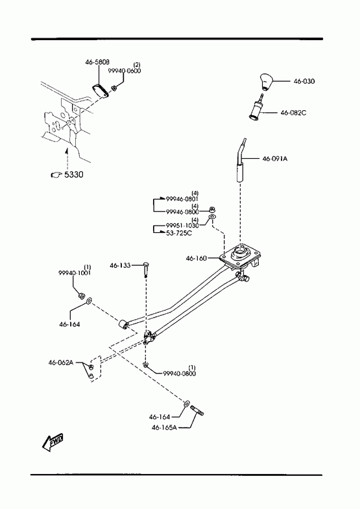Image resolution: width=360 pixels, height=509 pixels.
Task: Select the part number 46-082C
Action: click(293, 113)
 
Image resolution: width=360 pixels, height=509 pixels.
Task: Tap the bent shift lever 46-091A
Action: click(241, 161)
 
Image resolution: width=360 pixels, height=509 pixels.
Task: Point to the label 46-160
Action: click(196, 259)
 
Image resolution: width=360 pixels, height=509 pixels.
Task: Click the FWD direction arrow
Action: click(53, 441)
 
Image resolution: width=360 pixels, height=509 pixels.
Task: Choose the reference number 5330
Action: click(74, 174)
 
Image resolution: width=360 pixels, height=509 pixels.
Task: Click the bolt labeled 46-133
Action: click(146, 269)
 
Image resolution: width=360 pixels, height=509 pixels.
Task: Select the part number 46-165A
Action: click(164, 427)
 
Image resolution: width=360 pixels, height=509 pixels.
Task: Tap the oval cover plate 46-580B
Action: click(101, 91)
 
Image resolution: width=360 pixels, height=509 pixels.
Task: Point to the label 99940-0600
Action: click(125, 71)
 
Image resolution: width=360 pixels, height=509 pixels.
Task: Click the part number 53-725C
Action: click(179, 233)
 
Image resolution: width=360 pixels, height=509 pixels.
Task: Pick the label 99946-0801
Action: click(182, 198)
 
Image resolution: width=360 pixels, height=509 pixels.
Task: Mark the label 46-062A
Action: click(61, 362)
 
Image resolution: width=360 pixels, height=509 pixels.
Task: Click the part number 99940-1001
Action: click(75, 273)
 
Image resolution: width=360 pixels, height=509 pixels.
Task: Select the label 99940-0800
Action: click(179, 373)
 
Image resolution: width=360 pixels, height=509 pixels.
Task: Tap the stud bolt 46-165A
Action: click(197, 410)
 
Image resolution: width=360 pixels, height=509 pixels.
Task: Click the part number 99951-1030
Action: click(182, 225)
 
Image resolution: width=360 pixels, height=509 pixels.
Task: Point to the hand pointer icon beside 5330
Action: click(56, 174)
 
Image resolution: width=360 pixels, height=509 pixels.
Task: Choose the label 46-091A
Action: click(275, 159)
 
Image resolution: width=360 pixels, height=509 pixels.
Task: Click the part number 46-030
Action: click(304, 81)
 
